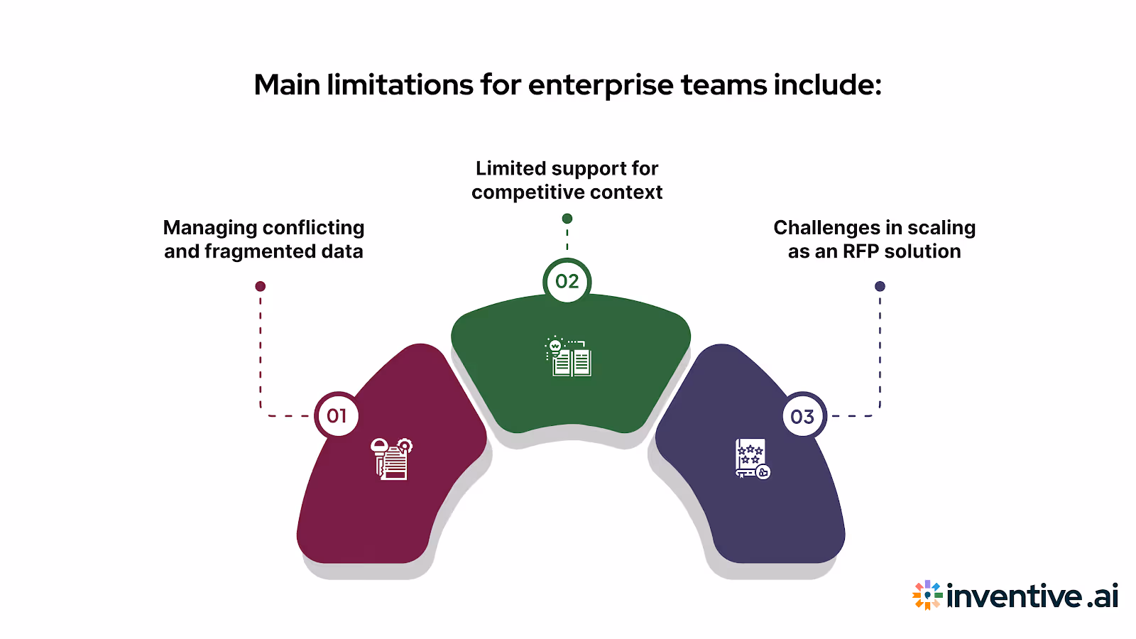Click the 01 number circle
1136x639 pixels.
(337, 415)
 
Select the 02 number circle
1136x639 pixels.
(567, 281)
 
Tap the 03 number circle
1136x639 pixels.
(802, 416)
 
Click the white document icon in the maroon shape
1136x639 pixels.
(391, 459)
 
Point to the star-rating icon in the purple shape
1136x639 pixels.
(752, 459)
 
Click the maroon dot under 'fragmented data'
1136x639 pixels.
(261, 286)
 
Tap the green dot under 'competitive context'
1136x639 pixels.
(567, 219)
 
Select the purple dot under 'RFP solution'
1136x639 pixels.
(880, 286)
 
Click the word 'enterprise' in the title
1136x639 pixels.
(601, 85)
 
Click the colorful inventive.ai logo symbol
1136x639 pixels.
(927, 595)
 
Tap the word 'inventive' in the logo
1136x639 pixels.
(1015, 596)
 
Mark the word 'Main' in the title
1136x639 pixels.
(287, 85)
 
